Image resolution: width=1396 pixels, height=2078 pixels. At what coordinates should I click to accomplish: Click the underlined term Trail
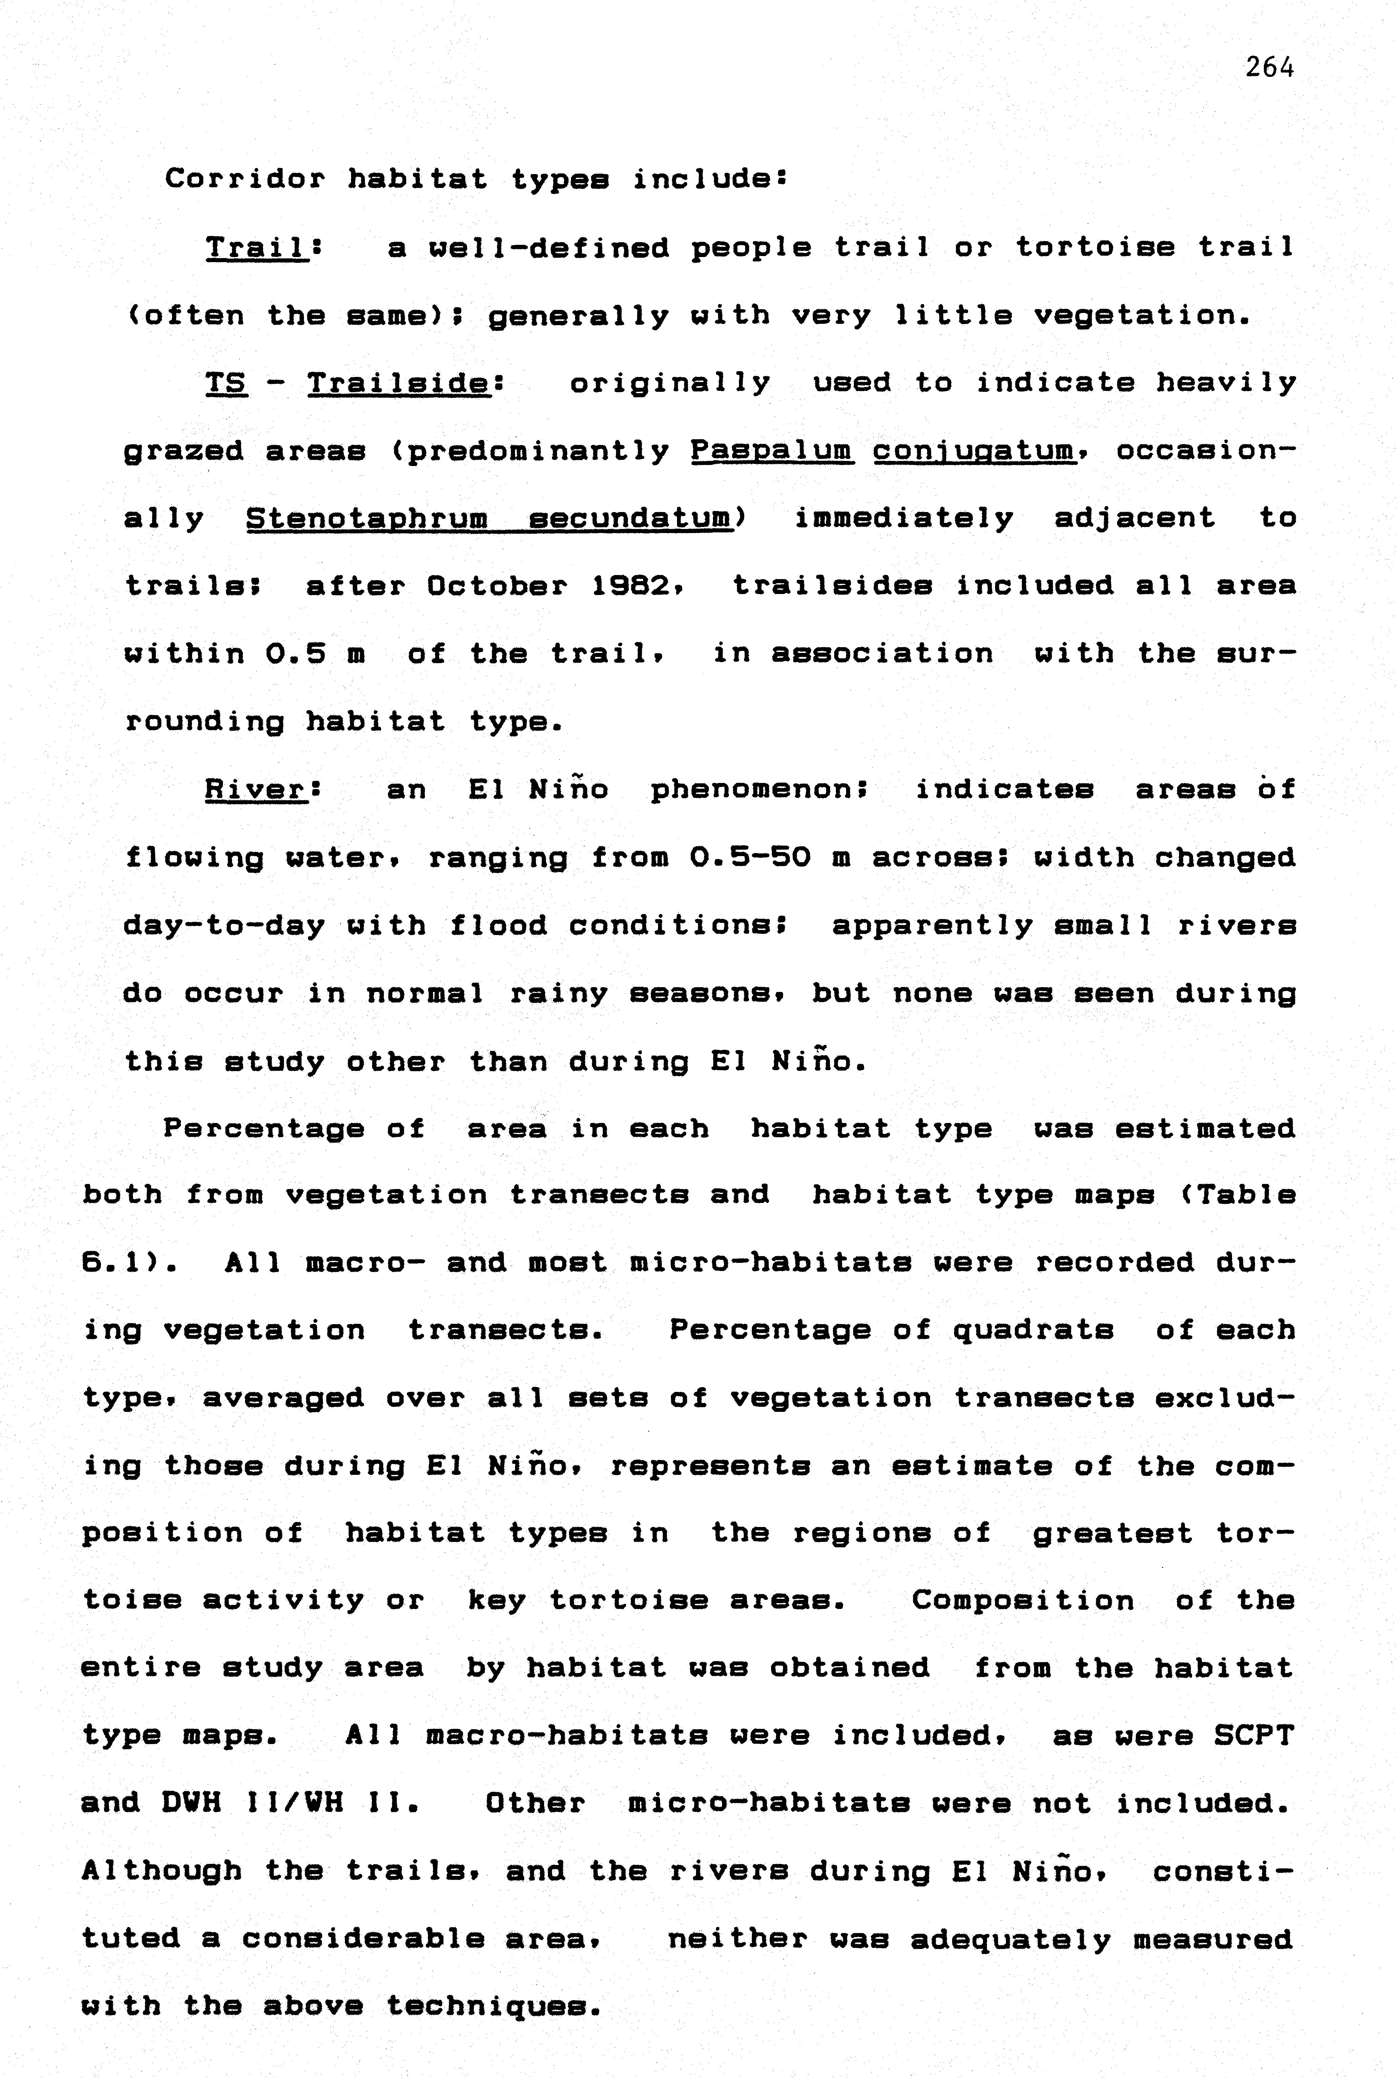pyautogui.click(x=255, y=248)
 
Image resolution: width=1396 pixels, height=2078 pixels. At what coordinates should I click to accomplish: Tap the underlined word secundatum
pyautogui.click(x=630, y=518)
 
